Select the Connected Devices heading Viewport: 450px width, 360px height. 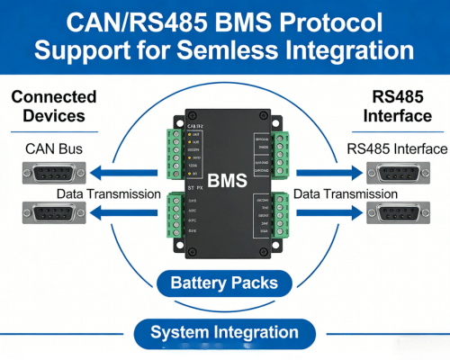pos(53,106)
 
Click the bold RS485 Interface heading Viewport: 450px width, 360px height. pos(398,106)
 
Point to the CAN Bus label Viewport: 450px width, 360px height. pos(47,148)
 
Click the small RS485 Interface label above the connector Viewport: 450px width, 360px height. pos(396,148)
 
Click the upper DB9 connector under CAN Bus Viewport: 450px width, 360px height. pos(53,172)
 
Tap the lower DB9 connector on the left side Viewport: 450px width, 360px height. pos(53,213)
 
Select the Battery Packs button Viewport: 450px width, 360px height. pos(224,283)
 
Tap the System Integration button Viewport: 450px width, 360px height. pos(224,332)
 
